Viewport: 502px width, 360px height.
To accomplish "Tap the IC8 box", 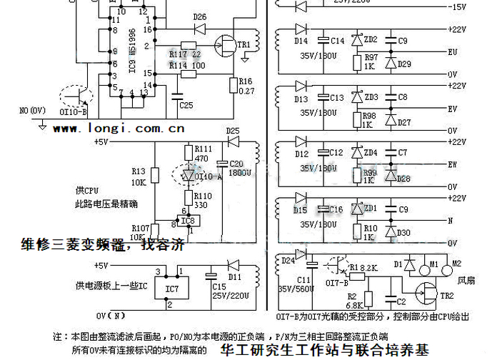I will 187,221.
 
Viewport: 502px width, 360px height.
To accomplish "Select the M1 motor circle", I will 433,264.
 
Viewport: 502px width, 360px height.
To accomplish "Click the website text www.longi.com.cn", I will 119,129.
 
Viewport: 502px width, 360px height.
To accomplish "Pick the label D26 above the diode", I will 199,16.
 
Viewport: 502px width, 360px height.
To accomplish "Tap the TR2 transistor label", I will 447,296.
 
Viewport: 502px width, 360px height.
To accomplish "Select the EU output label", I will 452,51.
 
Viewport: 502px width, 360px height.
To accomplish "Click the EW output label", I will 452,164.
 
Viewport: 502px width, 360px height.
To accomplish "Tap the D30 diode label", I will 403,233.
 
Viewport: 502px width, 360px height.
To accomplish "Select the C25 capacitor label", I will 186,105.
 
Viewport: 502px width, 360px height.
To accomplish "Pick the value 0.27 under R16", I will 246,91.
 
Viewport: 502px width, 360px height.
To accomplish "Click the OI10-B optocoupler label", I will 74,112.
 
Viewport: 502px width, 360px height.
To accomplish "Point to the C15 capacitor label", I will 218,285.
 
